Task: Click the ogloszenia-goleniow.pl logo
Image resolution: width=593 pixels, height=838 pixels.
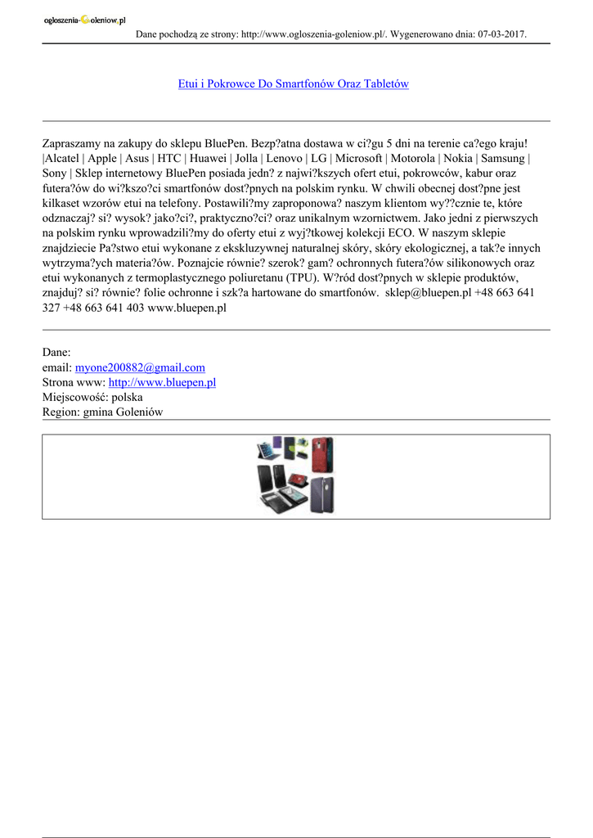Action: (84, 21)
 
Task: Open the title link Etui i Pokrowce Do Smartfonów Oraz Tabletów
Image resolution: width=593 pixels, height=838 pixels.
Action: (293, 84)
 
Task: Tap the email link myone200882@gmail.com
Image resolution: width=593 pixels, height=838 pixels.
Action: (140, 367)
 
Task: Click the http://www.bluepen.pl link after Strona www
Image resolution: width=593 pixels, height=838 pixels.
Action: (162, 382)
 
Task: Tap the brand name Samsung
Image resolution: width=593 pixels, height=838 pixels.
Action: (503, 158)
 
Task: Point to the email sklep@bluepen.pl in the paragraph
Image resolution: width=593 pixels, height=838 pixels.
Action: (428, 292)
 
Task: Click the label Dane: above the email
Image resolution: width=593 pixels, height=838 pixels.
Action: (56, 353)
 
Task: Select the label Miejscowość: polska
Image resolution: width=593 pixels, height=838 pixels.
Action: (92, 397)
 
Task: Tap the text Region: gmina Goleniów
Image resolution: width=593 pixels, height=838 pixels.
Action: (102, 412)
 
